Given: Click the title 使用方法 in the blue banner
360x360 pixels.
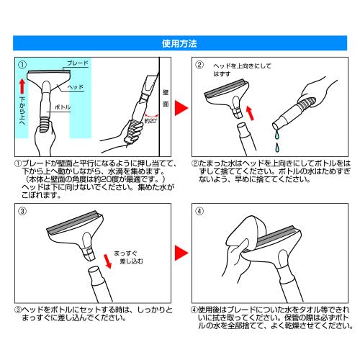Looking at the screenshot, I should coord(180,42).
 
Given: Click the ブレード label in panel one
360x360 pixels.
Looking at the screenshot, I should coord(77,63).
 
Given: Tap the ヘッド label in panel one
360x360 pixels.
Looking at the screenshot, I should coord(76,87).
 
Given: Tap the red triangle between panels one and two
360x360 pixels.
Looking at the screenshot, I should coord(181,107).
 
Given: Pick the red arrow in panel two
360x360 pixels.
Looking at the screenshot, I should coord(250,112).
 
